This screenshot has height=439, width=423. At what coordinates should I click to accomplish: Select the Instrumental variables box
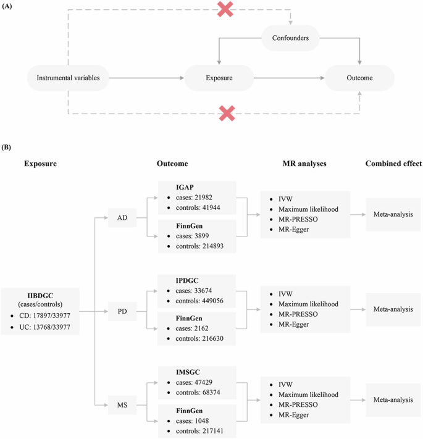73,78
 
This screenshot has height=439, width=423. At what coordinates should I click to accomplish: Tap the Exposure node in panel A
219,78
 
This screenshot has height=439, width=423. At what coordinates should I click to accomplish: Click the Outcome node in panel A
359,78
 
